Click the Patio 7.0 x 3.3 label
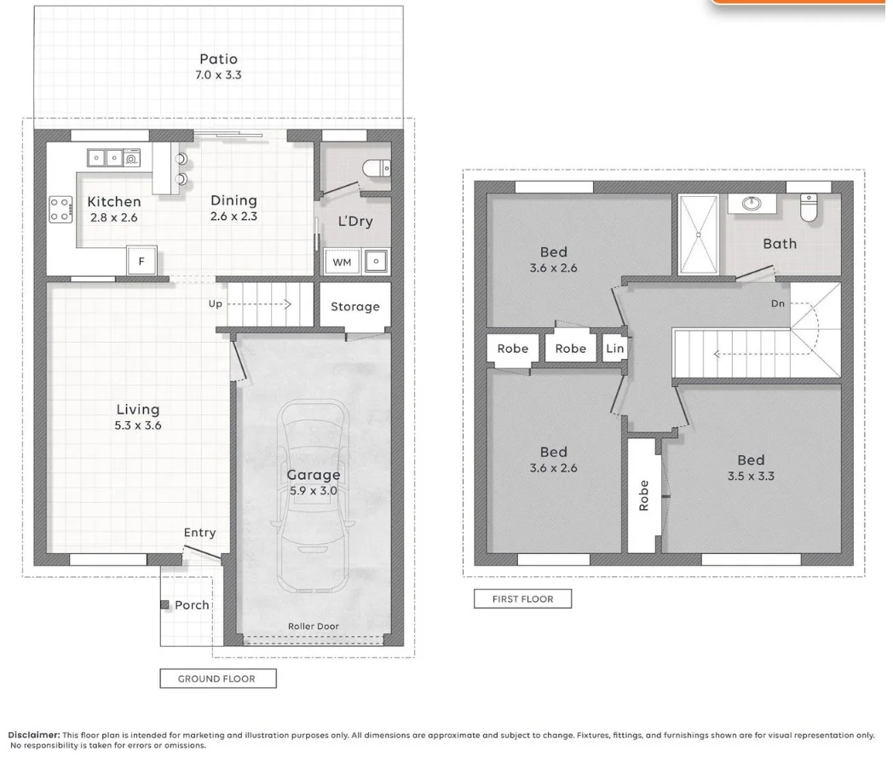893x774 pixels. click(x=219, y=66)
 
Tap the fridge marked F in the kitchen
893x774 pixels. click(x=141, y=261)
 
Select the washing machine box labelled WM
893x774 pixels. click(x=342, y=262)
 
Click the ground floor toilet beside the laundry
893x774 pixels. click(x=377, y=169)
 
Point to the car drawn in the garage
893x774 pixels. click(x=314, y=495)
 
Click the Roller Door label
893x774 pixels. click(x=314, y=626)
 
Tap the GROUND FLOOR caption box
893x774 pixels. click(x=218, y=679)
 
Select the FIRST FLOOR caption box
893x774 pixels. click(x=523, y=598)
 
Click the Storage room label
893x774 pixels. click(x=355, y=307)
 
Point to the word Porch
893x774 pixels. click(x=192, y=605)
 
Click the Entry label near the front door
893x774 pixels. click(x=200, y=533)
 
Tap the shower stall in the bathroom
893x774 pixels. click(x=699, y=234)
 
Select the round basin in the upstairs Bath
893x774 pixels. click(x=752, y=204)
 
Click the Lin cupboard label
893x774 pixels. click(x=614, y=348)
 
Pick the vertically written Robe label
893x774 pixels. click(x=643, y=495)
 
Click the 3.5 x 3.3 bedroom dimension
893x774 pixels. click(x=751, y=477)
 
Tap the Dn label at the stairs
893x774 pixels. click(x=778, y=303)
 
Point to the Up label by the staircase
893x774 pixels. click(x=216, y=304)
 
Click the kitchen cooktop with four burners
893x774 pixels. click(x=61, y=209)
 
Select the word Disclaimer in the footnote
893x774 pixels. click(x=33, y=735)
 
